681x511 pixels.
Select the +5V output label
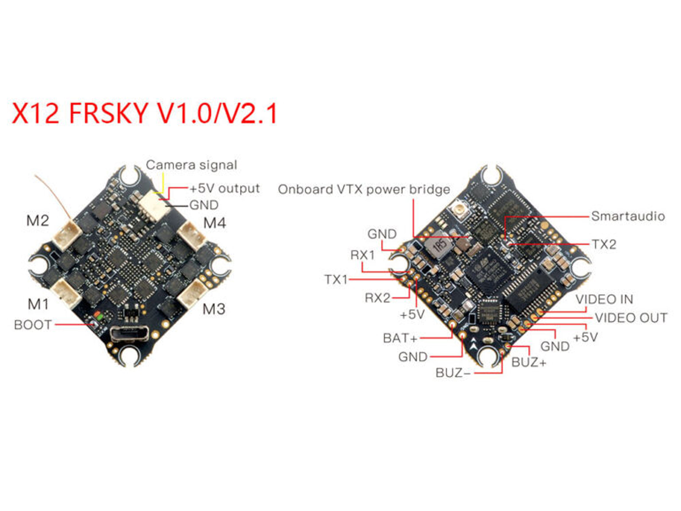tap(225, 189)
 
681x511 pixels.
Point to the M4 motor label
tap(215, 223)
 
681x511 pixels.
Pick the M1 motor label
tap(38, 304)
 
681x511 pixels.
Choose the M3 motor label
tap(214, 309)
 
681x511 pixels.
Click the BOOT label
tap(33, 325)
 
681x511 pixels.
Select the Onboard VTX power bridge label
tap(364, 189)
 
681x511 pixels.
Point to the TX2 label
tap(604, 244)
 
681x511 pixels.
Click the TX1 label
tap(336, 280)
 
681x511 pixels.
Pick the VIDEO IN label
tap(604, 299)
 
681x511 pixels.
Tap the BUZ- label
tap(453, 373)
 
